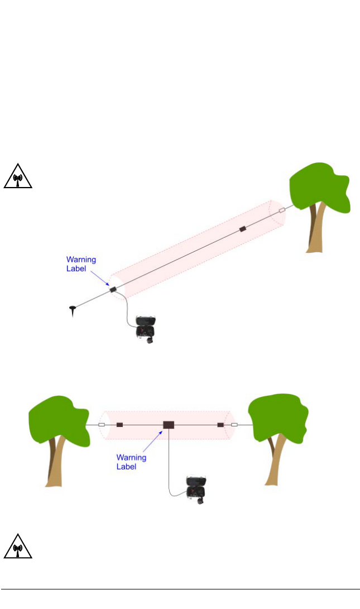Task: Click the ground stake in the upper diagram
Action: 73,310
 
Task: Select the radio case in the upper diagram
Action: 146,330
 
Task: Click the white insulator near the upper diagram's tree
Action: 281,210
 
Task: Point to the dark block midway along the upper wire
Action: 242,229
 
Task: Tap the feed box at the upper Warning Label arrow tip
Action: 112,289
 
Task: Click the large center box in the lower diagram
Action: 169,425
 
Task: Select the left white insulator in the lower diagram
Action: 102,425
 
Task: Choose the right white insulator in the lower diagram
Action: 234,425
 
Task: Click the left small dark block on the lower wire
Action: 119,425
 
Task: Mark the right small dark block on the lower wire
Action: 220,425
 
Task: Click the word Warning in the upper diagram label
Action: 81,260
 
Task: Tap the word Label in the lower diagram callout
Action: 126,467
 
